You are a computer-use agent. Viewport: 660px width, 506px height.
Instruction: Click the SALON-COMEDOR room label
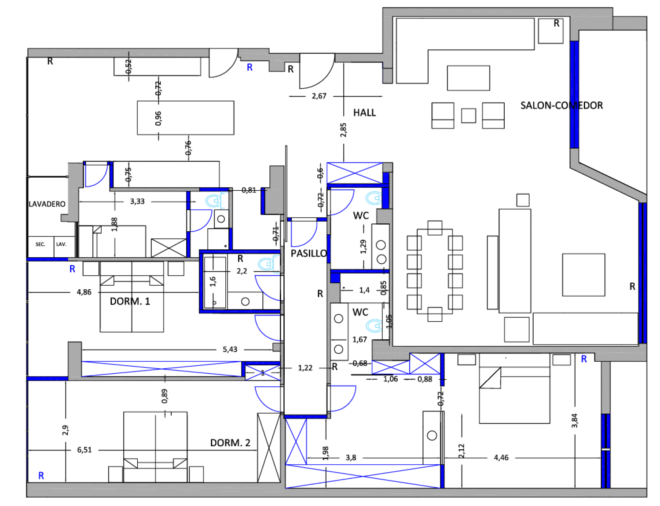coord(561,106)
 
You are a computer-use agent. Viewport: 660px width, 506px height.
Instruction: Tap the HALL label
coord(364,113)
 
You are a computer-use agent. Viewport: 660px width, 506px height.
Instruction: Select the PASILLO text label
coord(309,253)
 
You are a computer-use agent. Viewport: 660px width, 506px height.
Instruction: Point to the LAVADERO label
coord(47,204)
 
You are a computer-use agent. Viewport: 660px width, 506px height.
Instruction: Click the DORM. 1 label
coord(130,301)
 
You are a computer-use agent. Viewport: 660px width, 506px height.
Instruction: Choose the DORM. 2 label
coord(230,443)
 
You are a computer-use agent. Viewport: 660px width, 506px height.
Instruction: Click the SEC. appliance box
coord(40,244)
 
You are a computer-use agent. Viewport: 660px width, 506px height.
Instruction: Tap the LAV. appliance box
coord(62,244)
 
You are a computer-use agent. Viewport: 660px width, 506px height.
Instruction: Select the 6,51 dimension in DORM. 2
coord(84,450)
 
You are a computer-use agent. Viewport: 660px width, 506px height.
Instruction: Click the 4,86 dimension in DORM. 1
coord(84,292)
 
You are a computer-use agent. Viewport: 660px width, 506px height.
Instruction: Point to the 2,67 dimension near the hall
coord(319,96)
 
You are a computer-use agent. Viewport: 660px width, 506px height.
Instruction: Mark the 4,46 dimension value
coord(501,458)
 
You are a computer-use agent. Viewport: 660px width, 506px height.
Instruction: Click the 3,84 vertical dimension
coord(575,421)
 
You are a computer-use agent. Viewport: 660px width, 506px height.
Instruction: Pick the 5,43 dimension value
coord(230,349)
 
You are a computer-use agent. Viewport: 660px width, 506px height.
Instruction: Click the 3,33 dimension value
coord(137,201)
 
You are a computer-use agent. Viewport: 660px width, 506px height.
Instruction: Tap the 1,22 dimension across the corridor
coord(305,368)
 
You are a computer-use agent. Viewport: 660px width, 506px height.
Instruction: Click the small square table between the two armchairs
coord(469,116)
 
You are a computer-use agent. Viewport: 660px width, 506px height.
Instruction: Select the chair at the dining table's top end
coord(435,228)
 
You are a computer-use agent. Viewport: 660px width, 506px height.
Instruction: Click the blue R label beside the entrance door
coord(249,67)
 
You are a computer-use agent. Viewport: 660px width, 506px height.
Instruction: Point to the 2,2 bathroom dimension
coord(242,271)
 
